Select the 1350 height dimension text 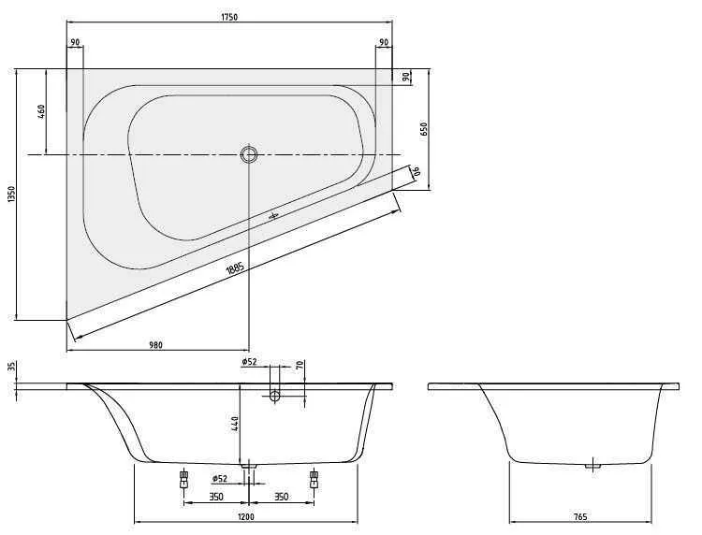pyautogui.click(x=11, y=194)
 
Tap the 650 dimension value pyautogui.click(x=423, y=130)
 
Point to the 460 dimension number pyautogui.click(x=41, y=111)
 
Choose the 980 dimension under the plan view pyautogui.click(x=156, y=344)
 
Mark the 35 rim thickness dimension pyautogui.click(x=11, y=368)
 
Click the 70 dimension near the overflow pyautogui.click(x=299, y=366)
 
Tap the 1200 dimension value pyautogui.click(x=246, y=516)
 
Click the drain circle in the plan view pyautogui.click(x=248, y=155)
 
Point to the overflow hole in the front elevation pyautogui.click(x=274, y=397)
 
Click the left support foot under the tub pyautogui.click(x=183, y=481)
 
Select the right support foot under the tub pyautogui.click(x=313, y=481)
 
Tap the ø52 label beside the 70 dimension pyautogui.click(x=249, y=361)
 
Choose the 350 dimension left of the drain pyautogui.click(x=215, y=497)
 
